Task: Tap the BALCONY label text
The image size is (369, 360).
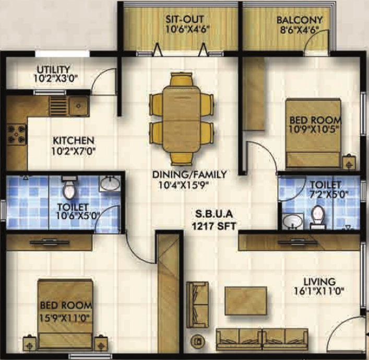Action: (299, 20)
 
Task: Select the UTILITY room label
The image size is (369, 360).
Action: (53, 69)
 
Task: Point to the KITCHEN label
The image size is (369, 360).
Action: (74, 141)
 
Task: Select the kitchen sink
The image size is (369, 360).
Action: (79, 106)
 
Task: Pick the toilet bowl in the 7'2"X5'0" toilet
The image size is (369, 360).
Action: (316, 217)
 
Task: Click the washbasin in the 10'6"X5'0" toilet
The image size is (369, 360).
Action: (110, 184)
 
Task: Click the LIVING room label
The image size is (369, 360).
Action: (322, 281)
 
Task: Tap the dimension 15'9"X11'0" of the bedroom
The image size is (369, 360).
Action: (66, 316)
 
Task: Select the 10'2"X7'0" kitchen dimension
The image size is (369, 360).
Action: (74, 152)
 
